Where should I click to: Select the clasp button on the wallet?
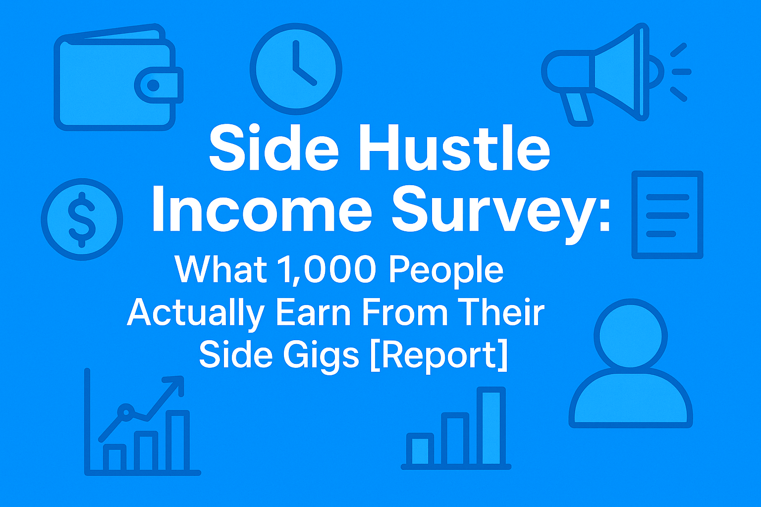[x=154, y=86]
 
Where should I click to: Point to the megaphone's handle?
[x=578, y=106]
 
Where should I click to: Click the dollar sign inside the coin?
[x=82, y=219]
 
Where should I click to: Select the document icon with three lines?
[x=667, y=215]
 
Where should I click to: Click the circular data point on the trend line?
[x=126, y=411]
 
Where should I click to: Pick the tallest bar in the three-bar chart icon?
[x=491, y=427]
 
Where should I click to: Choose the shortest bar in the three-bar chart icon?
[x=420, y=450]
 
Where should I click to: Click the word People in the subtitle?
[x=446, y=271]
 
